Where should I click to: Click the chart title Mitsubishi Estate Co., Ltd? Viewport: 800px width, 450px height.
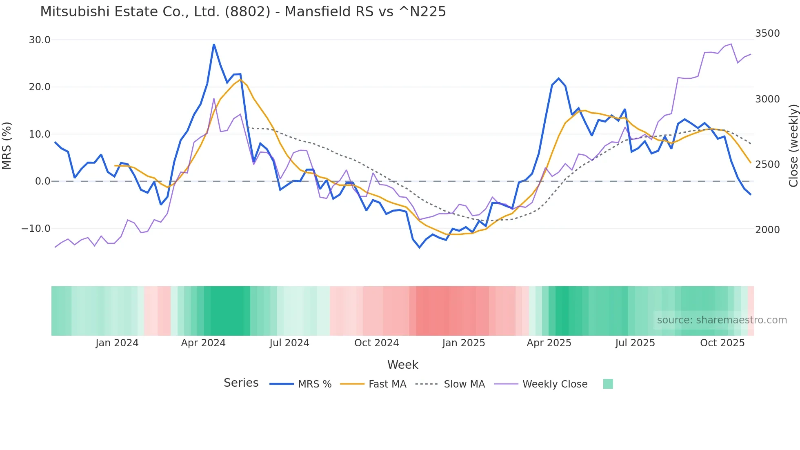pos(243,12)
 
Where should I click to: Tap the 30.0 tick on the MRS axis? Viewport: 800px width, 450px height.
pos(40,40)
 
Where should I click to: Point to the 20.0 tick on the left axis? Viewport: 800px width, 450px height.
pos(40,87)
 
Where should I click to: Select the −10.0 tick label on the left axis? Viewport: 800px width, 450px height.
pos(36,229)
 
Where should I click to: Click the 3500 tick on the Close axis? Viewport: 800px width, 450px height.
pos(767,33)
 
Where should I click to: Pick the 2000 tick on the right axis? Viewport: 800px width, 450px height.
pos(767,230)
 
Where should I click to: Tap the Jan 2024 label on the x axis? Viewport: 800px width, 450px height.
pos(117,343)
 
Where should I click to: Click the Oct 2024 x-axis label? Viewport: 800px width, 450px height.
pos(376,343)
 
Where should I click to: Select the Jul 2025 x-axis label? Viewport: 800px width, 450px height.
pos(635,343)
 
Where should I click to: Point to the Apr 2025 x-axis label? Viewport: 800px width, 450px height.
pos(549,343)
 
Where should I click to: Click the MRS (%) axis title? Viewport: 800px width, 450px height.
pos(7,145)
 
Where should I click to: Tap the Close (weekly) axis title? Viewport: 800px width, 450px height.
pos(793,145)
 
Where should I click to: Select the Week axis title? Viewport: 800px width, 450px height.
pos(402,365)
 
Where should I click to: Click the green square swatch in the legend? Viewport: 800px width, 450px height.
pos(608,384)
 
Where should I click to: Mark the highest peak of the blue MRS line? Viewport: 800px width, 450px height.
pos(214,44)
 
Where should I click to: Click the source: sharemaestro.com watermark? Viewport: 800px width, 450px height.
pos(722,320)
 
